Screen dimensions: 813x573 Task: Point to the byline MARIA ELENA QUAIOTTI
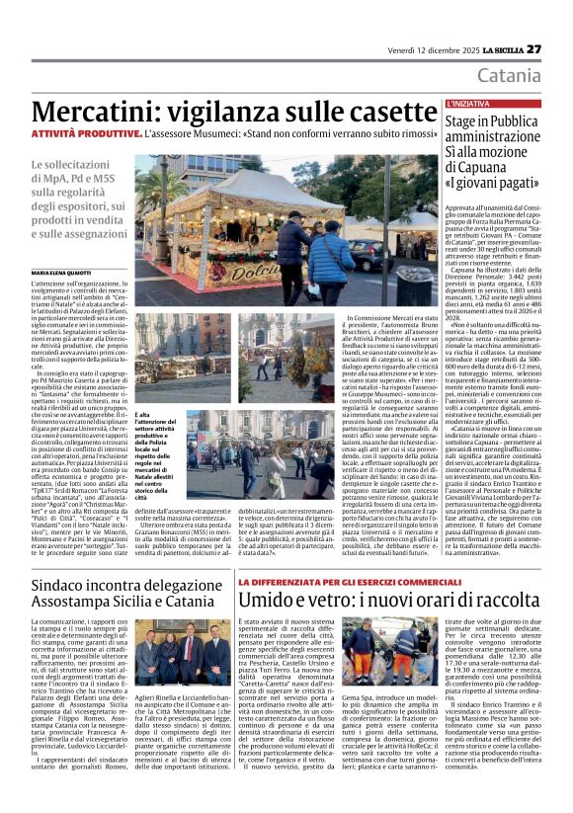[60, 273]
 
